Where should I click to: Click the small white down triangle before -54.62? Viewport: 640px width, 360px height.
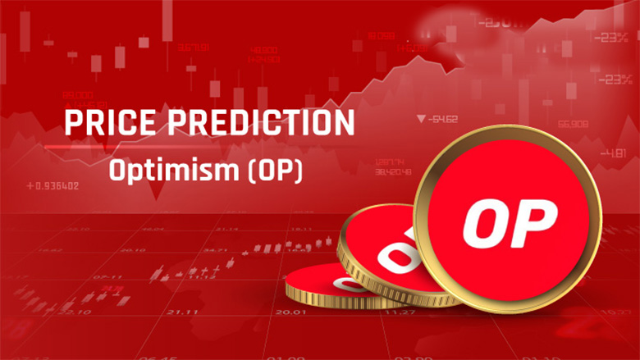[x=422, y=120]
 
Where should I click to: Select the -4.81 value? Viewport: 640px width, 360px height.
[x=612, y=153]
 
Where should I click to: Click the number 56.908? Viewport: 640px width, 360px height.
[x=572, y=124]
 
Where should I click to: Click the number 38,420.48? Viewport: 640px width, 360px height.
[x=391, y=172]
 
